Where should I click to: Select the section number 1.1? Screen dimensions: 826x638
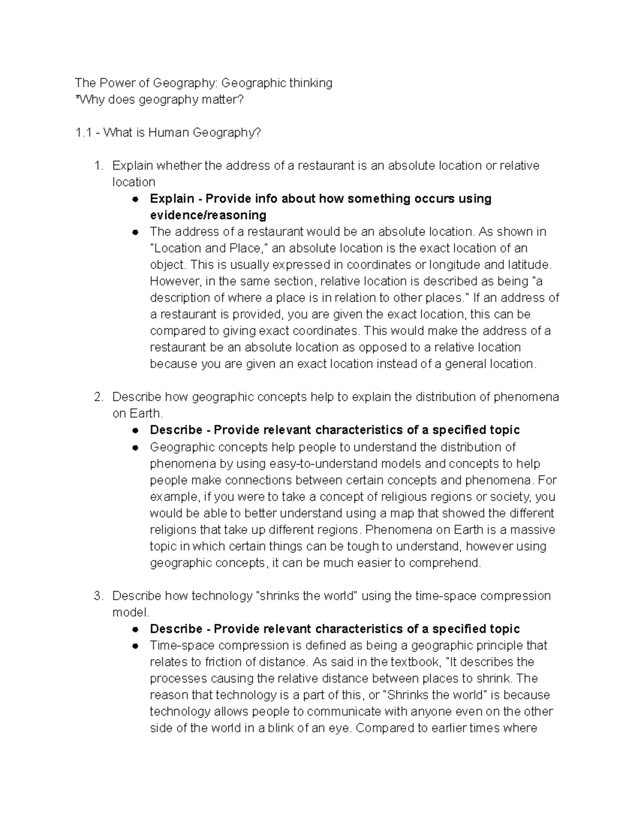coord(85,132)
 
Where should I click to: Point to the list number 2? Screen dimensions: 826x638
coord(98,397)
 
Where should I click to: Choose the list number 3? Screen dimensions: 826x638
coord(98,596)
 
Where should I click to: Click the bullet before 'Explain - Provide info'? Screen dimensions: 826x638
coord(136,199)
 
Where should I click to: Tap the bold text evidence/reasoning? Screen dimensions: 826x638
coord(208,215)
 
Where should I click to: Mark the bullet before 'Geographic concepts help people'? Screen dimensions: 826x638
coord(136,447)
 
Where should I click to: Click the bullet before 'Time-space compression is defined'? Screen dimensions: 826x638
coord(136,646)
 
